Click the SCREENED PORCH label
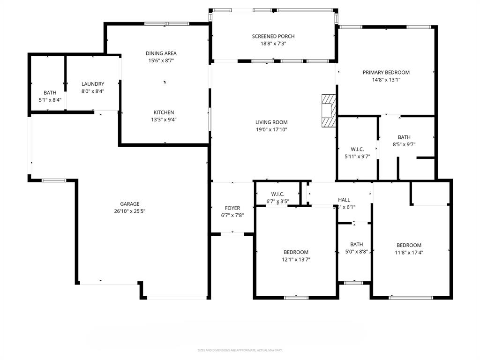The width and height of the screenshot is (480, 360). coord(273,36)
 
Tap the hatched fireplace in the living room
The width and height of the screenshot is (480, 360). coord(329,111)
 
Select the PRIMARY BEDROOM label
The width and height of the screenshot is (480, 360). coord(386,72)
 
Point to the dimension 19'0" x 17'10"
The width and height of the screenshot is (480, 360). coord(271,129)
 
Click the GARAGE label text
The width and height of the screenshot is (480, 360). coord(129,204)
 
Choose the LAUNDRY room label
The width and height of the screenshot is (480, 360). coord(93,84)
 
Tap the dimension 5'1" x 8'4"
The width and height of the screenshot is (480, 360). coord(50,100)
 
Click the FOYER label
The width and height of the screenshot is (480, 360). coord(232,208)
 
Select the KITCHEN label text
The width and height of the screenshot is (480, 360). coord(164,112)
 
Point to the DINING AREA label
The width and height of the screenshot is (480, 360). coord(161,53)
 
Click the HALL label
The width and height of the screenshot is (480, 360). coord(344,200)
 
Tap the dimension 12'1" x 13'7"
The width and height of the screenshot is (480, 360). coord(296,259)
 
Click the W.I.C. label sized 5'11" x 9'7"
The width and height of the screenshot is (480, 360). coord(357,149)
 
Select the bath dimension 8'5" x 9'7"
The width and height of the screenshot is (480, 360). coord(404,144)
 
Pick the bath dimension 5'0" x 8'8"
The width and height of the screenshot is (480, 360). coord(356,251)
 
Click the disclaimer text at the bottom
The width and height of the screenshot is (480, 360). coord(240,350)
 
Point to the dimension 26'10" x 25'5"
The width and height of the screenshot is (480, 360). coord(129,211)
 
